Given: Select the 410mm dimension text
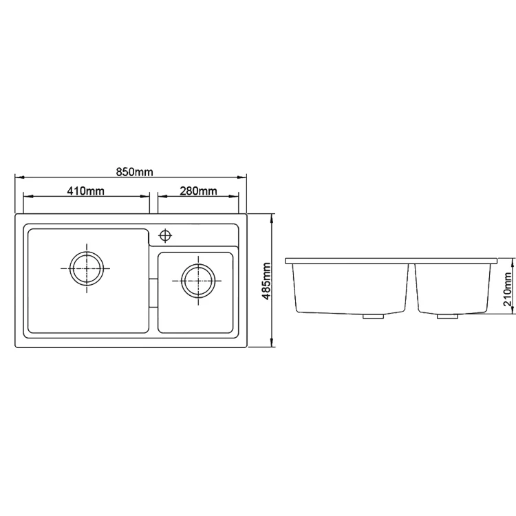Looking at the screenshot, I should [87, 191].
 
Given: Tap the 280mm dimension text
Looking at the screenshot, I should [198, 191].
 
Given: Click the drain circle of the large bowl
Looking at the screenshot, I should [87, 268].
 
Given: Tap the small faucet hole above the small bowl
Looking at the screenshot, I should [166, 235].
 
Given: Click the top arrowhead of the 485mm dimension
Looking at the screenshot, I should [274, 217].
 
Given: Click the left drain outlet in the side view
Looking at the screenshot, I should [374, 316].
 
